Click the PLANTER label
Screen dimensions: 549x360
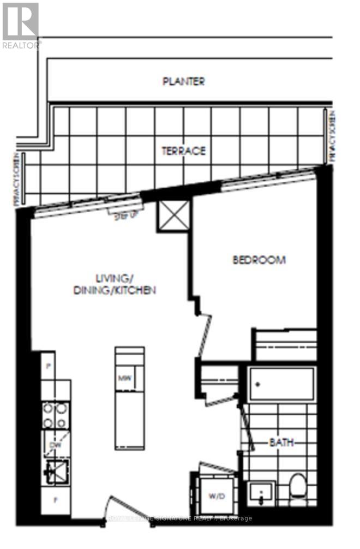[184, 81]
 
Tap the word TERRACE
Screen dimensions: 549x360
[183, 151]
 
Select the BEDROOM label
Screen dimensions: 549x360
[259, 260]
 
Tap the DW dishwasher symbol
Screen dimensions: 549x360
[53, 446]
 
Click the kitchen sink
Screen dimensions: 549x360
[55, 473]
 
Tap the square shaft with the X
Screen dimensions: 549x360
[174, 215]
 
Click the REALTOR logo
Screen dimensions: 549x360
[21, 25]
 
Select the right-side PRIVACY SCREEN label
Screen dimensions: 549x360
[331, 136]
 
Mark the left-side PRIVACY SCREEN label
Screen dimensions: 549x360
[20, 181]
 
